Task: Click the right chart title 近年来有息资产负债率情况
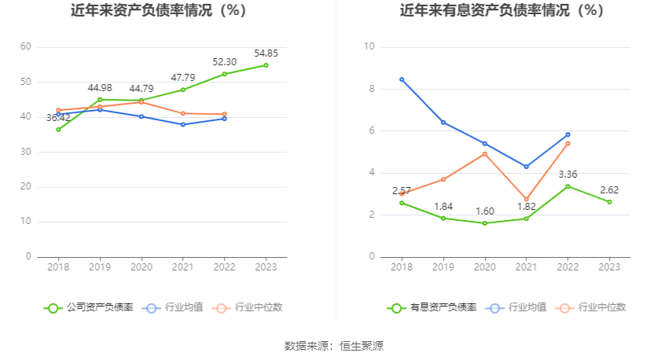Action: coord(502,11)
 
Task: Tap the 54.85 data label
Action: coord(266,53)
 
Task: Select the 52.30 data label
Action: coord(225,61)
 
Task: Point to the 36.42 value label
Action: coord(58,118)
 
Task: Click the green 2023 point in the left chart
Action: coord(266,65)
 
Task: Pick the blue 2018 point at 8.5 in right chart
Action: coord(402,79)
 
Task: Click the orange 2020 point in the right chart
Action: coord(485,154)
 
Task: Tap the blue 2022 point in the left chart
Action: coord(225,118)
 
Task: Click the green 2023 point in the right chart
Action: coord(609,202)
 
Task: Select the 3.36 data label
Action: coord(567,174)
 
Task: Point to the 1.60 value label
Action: coord(485,211)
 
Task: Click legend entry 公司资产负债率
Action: coord(89,307)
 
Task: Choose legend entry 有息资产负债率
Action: coord(433,307)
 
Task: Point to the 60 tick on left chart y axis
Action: coord(26,47)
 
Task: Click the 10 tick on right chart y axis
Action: coord(369,47)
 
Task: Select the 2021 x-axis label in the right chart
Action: coord(526,267)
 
